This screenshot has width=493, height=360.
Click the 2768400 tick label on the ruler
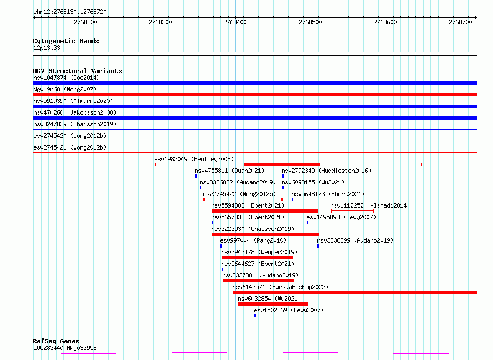click(235, 22)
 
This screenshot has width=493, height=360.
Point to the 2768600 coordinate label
click(385, 22)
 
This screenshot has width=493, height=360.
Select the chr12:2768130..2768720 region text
click(70, 12)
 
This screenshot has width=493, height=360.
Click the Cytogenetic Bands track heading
click(66, 41)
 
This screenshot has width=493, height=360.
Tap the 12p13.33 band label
click(47, 48)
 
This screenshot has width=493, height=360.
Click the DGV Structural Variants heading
click(78, 71)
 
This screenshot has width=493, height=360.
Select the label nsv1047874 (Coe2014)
click(66, 78)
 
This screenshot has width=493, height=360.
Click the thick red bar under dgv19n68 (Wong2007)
click(255, 95)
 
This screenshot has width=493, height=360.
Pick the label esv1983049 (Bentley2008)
click(194, 159)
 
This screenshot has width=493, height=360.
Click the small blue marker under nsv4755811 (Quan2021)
click(196, 176)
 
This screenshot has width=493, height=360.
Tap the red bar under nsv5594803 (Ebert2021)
click(265, 211)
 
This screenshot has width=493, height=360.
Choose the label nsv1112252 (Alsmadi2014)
click(370, 205)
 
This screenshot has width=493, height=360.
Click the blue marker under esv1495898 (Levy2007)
click(307, 223)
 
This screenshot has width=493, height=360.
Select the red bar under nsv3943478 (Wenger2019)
click(257, 258)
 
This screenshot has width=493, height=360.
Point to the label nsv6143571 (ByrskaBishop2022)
click(280, 287)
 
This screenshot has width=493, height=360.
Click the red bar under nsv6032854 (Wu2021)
click(273, 304)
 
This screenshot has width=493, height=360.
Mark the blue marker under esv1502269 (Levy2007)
click(255, 316)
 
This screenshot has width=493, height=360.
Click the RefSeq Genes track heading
click(56, 341)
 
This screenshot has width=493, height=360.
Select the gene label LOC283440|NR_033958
click(65, 348)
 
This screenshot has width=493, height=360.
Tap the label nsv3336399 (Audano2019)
click(355, 240)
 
